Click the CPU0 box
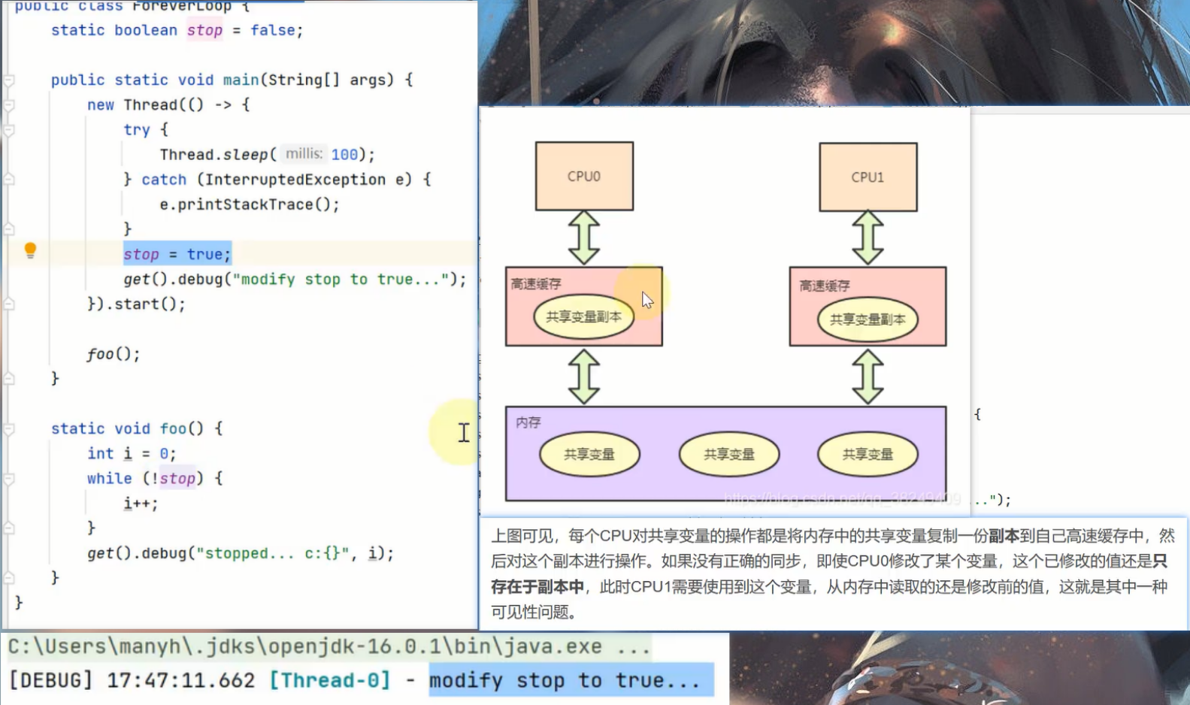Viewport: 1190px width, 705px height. (584, 176)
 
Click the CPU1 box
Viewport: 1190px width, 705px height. (868, 177)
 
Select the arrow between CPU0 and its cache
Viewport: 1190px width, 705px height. (584, 238)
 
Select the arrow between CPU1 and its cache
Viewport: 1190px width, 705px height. (868, 238)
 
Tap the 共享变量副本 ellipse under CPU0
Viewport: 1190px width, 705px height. (583, 317)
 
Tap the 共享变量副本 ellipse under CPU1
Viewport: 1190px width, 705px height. (868, 319)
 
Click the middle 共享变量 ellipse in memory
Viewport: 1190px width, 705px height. (728, 454)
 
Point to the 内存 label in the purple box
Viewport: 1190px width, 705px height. (528, 422)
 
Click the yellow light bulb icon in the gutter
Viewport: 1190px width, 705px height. (30, 250)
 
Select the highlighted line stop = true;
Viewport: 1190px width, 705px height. (177, 254)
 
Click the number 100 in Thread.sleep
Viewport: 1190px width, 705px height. (344, 154)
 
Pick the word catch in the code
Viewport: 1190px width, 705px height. (164, 180)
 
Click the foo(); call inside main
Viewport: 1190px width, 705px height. (113, 354)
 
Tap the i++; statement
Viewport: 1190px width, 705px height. (141, 504)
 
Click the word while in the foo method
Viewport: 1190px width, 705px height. (109, 478)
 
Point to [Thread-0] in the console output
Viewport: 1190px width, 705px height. (330, 680)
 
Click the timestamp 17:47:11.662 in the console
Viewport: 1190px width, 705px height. (180, 680)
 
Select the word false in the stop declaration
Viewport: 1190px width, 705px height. (272, 30)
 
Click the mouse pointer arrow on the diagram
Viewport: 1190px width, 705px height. (646, 300)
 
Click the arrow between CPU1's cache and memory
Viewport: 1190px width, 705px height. (868, 376)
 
